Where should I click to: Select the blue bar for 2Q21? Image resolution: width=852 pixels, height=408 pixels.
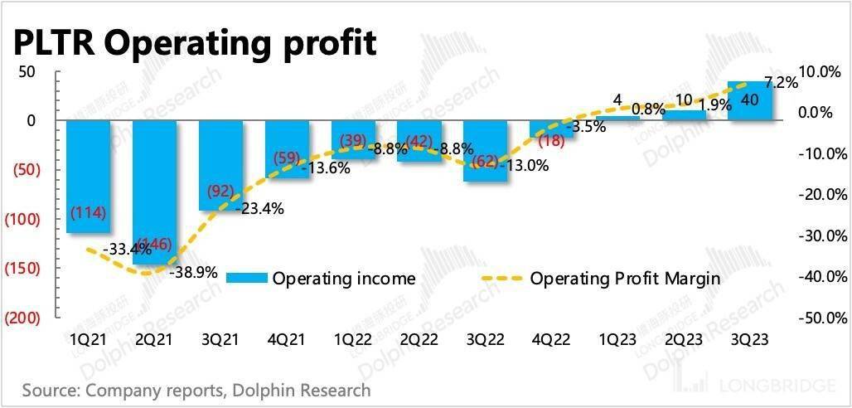pyautogui.click(x=155, y=192)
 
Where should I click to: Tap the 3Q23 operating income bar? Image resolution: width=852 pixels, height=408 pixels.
pyautogui.click(x=750, y=101)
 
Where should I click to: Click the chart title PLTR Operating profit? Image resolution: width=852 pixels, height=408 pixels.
pyautogui.click(x=194, y=41)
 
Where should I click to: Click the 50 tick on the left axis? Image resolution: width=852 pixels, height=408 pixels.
pyautogui.click(x=27, y=71)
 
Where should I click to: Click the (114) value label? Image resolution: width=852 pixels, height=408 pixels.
pyautogui.click(x=89, y=211)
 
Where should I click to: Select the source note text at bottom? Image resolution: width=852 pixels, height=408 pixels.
pyautogui.click(x=196, y=390)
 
